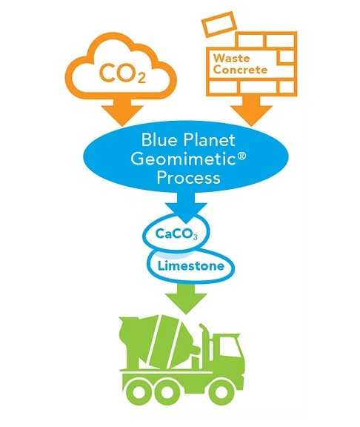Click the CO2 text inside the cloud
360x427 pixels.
(x=122, y=73)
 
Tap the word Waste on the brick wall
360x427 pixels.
(x=231, y=58)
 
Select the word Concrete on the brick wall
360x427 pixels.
(x=240, y=70)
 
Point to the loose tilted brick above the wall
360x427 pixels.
(x=219, y=24)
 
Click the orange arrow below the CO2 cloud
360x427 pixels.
(x=123, y=112)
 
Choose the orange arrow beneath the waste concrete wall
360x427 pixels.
(x=251, y=111)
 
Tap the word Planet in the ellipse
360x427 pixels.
(x=208, y=140)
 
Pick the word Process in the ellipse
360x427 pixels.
(x=188, y=178)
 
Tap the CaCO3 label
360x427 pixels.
(x=176, y=234)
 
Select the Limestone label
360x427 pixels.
(x=191, y=266)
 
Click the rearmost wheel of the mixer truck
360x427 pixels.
(x=139, y=392)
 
